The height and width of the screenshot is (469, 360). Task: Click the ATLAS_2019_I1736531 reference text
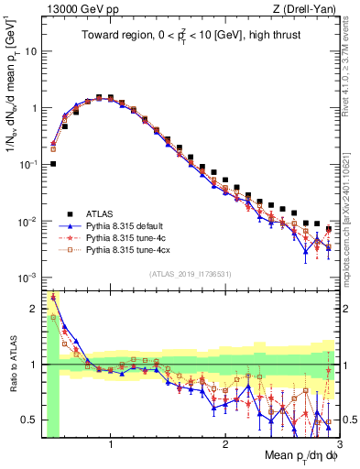coord(190,274)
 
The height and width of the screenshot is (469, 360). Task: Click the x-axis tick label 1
coord(111,444)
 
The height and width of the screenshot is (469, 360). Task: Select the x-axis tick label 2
coord(225,444)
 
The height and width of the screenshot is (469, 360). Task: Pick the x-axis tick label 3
coord(338,444)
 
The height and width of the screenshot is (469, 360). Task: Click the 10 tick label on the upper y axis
coord(30,51)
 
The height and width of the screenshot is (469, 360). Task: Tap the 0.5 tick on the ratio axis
coord(28,420)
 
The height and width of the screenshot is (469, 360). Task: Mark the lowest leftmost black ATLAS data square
coord(53,164)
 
